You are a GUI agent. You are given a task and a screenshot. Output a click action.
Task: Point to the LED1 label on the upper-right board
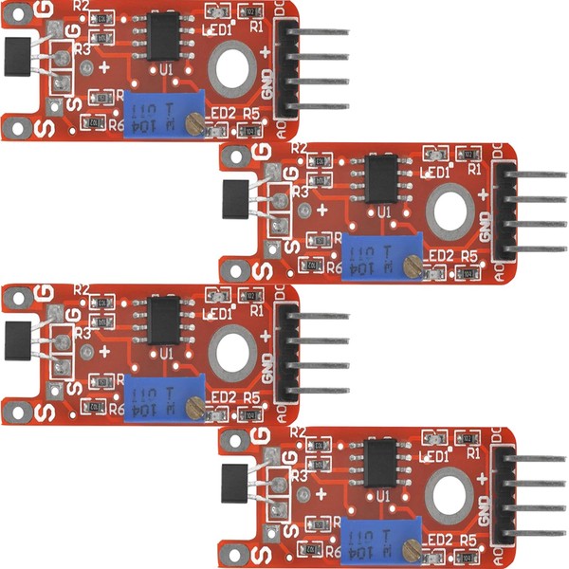(x=435, y=173)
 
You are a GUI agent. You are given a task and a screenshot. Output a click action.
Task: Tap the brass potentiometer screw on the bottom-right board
(x=411, y=548)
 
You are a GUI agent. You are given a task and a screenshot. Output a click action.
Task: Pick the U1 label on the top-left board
(x=166, y=69)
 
